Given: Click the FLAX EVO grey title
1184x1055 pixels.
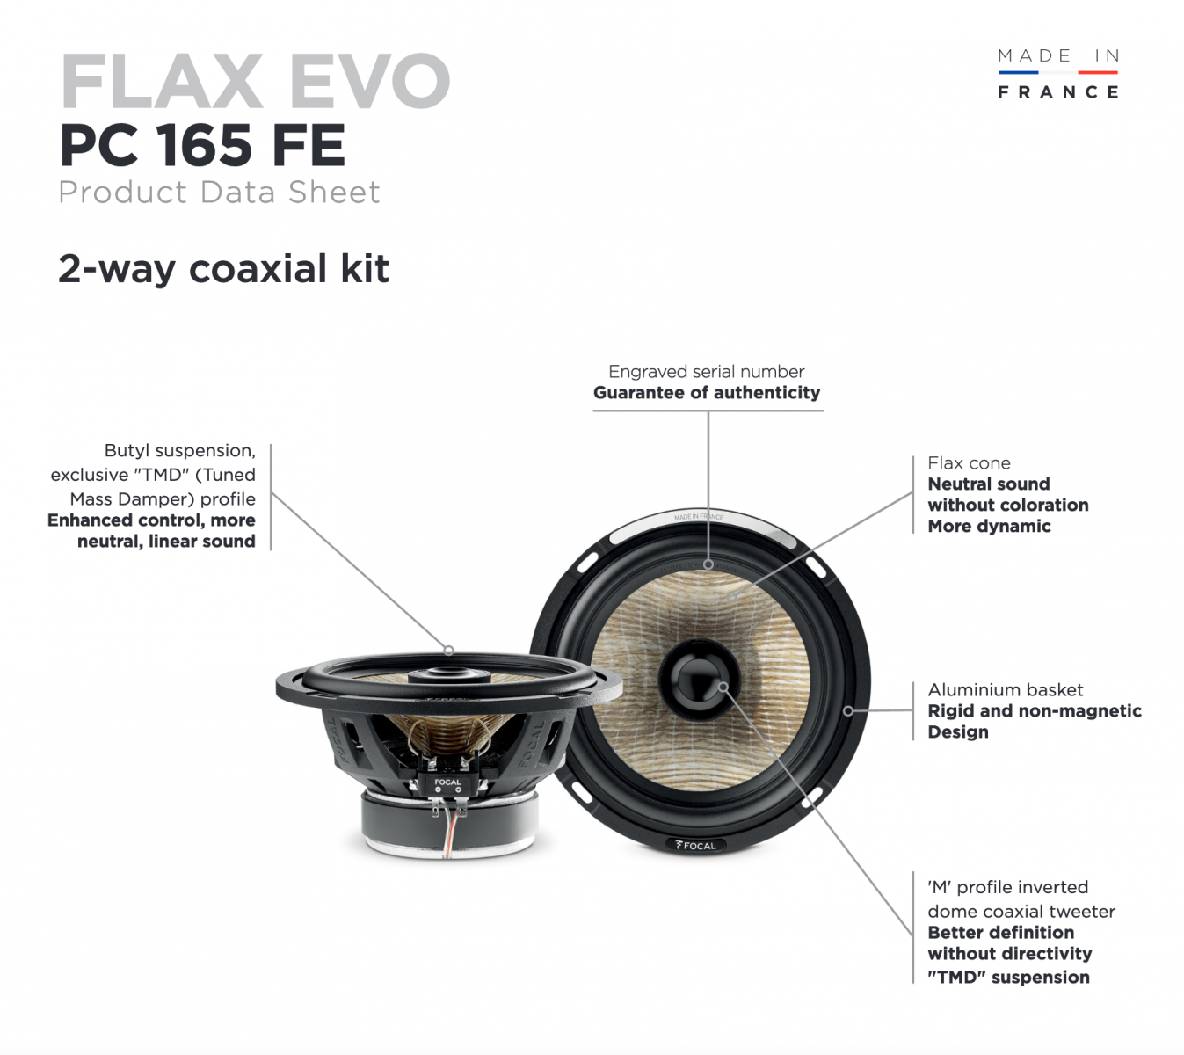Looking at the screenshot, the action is [256, 81].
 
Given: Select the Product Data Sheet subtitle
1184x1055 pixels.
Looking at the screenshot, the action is [219, 192].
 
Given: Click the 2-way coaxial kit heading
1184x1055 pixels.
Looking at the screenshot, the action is [224, 269].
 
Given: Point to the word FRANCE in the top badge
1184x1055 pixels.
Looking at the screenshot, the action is [1057, 91].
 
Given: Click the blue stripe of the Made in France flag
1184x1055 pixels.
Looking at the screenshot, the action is [1018, 72].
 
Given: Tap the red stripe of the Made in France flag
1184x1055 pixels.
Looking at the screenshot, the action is [1098, 72].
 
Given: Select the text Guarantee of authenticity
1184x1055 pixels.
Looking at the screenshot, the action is [707, 392].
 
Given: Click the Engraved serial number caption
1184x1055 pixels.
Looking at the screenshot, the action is [707, 371].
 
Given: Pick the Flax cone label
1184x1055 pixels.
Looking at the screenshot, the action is [969, 463].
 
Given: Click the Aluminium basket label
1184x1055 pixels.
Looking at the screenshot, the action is [1006, 689].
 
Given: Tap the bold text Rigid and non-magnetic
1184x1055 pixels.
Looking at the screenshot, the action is [1035, 710].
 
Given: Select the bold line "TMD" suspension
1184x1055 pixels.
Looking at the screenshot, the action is [1009, 977].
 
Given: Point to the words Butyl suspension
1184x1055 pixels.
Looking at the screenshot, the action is [180, 451].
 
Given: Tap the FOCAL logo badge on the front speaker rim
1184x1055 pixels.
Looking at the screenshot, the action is [695, 845].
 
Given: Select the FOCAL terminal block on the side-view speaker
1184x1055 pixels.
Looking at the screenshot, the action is [448, 784].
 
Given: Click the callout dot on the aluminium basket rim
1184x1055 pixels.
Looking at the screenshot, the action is [848, 710].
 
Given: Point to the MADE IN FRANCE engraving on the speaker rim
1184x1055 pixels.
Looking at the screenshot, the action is [699, 517].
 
